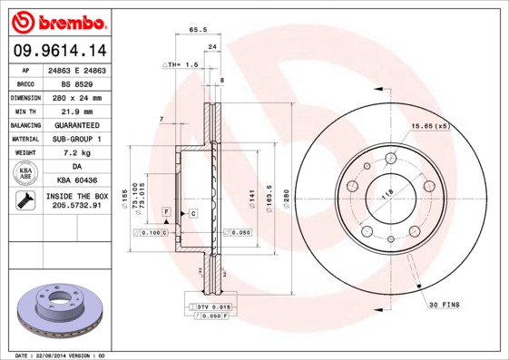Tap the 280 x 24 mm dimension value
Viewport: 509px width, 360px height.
pos(76,97)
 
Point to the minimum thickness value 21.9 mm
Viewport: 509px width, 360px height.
pos(76,111)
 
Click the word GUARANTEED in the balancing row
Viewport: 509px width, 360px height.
pos(76,124)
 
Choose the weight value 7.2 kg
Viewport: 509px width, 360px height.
pos(76,153)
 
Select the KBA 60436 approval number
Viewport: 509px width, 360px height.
pos(76,180)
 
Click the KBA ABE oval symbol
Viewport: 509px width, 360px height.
pos(26,174)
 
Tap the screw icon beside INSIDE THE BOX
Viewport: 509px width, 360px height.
pos(24,201)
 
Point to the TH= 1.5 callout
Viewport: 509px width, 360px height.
pos(181,65)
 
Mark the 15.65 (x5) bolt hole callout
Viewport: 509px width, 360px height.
pos(430,125)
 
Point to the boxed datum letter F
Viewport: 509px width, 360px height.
pos(166,211)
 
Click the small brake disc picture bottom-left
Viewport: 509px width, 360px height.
pos(62,309)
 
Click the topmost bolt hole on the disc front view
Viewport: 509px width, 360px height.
pos(390,158)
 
